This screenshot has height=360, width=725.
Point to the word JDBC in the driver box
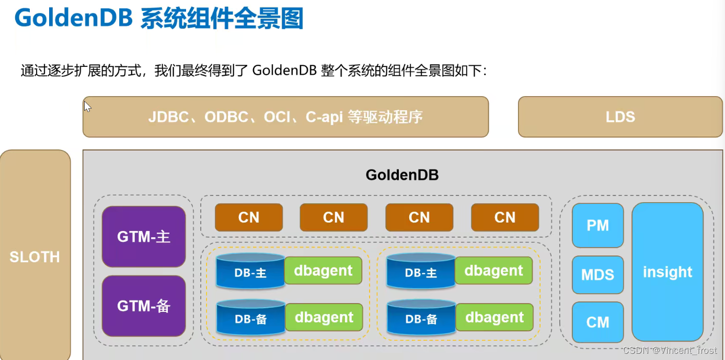pyautogui.click(x=168, y=117)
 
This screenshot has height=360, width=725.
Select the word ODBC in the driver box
pyautogui.click(x=226, y=117)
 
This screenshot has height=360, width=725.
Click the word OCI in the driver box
pyautogui.click(x=277, y=117)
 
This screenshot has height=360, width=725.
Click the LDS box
pyautogui.click(x=620, y=117)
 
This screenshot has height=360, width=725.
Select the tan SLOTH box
pyautogui.click(x=35, y=257)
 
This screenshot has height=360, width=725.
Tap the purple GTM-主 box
pyautogui.click(x=144, y=237)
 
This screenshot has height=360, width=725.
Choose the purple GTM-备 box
pyautogui.click(x=144, y=306)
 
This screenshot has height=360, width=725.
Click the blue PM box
pyautogui.click(x=597, y=225)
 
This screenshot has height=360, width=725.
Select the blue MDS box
pyautogui.click(x=597, y=274)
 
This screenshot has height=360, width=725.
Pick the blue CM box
pyautogui.click(x=597, y=322)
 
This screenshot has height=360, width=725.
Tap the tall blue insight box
pyautogui.click(x=668, y=272)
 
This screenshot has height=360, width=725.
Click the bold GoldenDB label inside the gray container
pyautogui.click(x=402, y=175)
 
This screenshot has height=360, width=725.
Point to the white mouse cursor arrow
pyautogui.click(x=87, y=107)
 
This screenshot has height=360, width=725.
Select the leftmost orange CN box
pyautogui.click(x=249, y=217)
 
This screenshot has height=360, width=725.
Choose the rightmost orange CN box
pyautogui.click(x=505, y=217)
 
